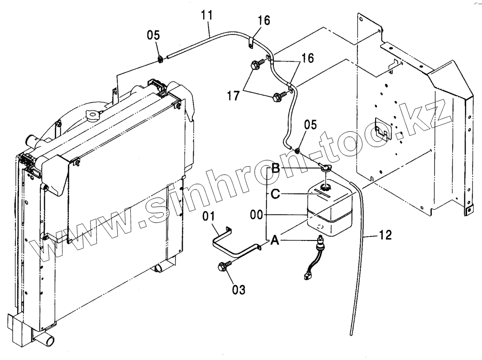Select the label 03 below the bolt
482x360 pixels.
click(239, 289)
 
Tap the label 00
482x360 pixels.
click(256, 215)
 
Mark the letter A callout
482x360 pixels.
click(274, 241)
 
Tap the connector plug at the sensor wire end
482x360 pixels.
click(309, 274)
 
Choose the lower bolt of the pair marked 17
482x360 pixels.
click(277, 96)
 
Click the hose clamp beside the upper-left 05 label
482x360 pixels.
click(161, 58)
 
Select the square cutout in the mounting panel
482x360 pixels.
click(383, 129)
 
